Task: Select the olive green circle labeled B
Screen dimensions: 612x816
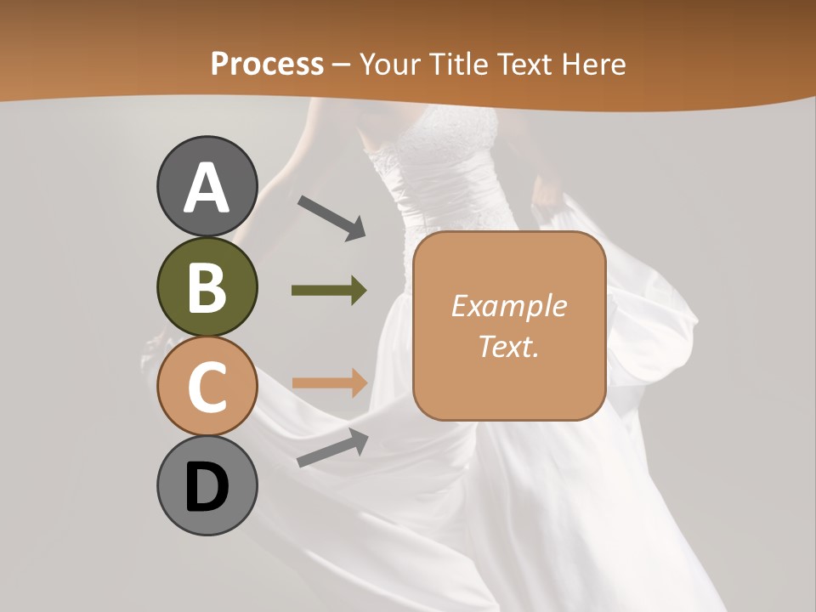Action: click(207, 286)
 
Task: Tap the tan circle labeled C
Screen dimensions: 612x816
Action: click(207, 386)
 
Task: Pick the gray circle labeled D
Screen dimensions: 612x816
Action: click(207, 486)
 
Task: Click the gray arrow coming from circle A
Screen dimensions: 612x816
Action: click(331, 218)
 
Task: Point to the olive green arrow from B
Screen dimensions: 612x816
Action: click(329, 291)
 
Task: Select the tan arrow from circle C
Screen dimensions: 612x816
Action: click(330, 382)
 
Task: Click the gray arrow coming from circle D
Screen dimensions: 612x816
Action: click(332, 448)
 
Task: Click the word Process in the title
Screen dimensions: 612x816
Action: click(267, 64)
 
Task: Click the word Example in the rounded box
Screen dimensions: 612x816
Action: click(508, 306)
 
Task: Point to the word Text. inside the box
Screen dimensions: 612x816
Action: click(508, 346)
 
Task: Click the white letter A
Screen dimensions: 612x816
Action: click(207, 188)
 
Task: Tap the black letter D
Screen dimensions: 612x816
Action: click(207, 488)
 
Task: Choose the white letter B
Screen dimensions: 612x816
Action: click(207, 287)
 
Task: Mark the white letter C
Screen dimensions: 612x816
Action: click(207, 387)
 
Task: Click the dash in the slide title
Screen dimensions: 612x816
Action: click(342, 65)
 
